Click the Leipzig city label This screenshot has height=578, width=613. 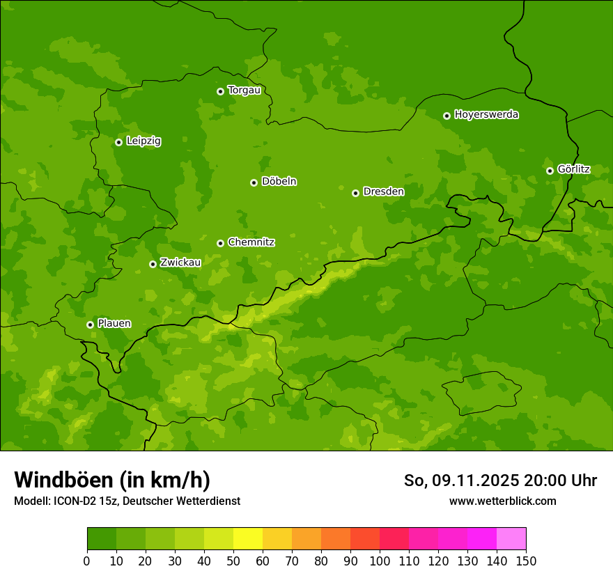coord(143,141)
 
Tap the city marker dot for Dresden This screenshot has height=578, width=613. coord(355,193)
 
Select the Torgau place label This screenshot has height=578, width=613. coord(244,91)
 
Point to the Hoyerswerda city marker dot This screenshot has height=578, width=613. coord(447,116)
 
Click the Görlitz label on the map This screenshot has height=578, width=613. coord(573,169)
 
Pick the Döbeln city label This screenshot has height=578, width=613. coord(279,182)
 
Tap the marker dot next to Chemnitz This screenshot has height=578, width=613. coord(220,243)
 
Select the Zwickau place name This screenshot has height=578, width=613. coord(180,263)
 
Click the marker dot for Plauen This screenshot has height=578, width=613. coord(90,325)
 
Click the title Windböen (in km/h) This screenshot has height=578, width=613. coord(112,480)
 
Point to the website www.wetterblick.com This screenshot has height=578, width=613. coord(502,501)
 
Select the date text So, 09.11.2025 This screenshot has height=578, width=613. coord(461,481)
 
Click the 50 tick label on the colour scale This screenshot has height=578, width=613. coord(233,560)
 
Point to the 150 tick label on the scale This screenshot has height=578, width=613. coord(526,560)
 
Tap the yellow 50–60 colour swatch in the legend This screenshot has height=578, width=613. coord(248,539)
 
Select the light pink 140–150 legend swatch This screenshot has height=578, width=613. coord(511,539)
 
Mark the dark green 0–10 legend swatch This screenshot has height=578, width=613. coord(102,539)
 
